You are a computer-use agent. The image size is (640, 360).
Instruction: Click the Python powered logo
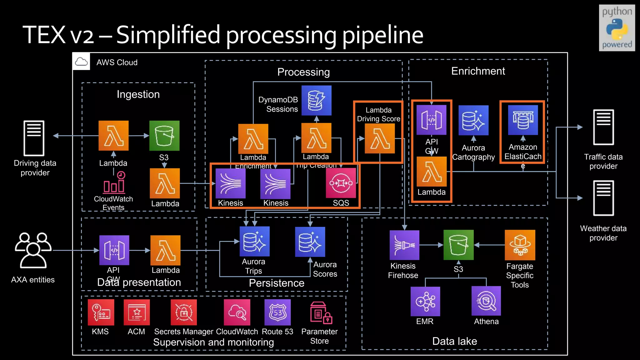(617, 28)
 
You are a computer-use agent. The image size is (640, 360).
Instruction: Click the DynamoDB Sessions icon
(316, 101)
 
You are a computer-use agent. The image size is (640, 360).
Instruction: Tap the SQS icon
(341, 183)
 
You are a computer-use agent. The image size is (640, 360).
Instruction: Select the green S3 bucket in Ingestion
(164, 136)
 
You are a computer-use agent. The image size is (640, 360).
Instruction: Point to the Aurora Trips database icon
(254, 241)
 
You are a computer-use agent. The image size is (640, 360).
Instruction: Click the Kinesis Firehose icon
(404, 245)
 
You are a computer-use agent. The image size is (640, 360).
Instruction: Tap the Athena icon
(486, 301)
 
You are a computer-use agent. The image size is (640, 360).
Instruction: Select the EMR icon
(425, 301)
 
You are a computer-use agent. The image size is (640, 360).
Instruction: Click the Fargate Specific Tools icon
(520, 245)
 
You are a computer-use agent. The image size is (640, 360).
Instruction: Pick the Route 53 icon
(277, 312)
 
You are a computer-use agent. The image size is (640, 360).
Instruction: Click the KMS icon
(101, 312)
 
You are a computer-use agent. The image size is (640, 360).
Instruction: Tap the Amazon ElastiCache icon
(523, 120)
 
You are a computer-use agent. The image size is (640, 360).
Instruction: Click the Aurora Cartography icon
(473, 120)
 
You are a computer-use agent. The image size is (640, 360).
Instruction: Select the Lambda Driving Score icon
(380, 138)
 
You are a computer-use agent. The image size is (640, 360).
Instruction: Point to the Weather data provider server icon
(603, 198)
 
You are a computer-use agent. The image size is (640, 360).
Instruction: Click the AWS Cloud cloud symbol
(81, 62)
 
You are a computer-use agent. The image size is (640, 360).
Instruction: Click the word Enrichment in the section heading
(478, 71)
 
